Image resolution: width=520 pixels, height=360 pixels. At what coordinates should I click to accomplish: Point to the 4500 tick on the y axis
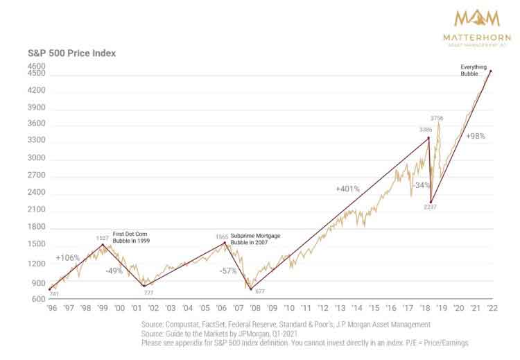[x=36, y=73]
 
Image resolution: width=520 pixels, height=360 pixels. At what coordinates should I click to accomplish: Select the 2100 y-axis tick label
[x=36, y=209]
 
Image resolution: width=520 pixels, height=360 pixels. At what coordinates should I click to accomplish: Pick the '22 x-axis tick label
[x=491, y=307]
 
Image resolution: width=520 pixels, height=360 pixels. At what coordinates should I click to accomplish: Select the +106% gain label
[x=68, y=258]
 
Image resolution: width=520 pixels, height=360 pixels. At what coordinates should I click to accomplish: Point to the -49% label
[x=114, y=271]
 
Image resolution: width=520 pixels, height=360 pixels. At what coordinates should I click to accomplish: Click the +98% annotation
[x=476, y=136]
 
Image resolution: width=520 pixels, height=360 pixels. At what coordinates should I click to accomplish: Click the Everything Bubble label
[x=474, y=70]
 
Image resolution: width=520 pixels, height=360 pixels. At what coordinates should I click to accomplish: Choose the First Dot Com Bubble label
[x=133, y=241]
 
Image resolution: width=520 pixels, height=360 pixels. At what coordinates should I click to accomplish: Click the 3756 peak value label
[x=437, y=117]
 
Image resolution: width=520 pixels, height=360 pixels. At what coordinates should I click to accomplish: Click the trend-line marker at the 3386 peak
[x=428, y=137]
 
